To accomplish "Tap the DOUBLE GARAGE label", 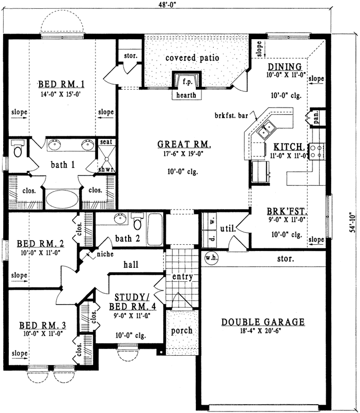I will [263, 322].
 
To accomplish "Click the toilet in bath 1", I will [18, 150].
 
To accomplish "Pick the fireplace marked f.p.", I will [186, 81].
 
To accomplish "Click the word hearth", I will [186, 96].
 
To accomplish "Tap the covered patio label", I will [192, 58].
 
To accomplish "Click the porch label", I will [181, 330].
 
